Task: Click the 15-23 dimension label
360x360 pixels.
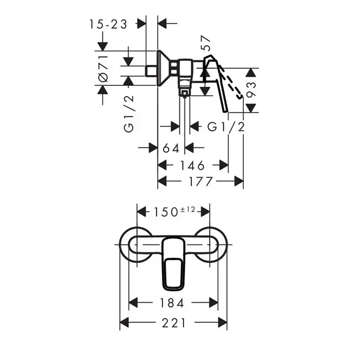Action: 108,24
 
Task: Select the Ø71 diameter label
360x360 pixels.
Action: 103,68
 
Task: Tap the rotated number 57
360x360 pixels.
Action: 206,43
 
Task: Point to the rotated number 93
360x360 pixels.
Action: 251,89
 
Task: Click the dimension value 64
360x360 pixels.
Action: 171,148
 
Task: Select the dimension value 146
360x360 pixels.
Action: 192,166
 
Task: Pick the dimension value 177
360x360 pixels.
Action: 201,182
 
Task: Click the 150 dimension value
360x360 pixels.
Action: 166,212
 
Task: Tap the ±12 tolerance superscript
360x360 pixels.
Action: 188,209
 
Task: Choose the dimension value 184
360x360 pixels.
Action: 172,303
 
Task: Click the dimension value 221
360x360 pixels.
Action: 174,323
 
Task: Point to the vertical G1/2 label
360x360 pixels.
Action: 129,114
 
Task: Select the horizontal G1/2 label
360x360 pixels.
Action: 226,127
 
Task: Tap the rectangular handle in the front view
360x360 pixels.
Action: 173,264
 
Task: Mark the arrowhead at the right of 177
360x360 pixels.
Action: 239,181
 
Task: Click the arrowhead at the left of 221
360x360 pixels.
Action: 124,322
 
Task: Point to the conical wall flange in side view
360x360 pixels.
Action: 163,68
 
